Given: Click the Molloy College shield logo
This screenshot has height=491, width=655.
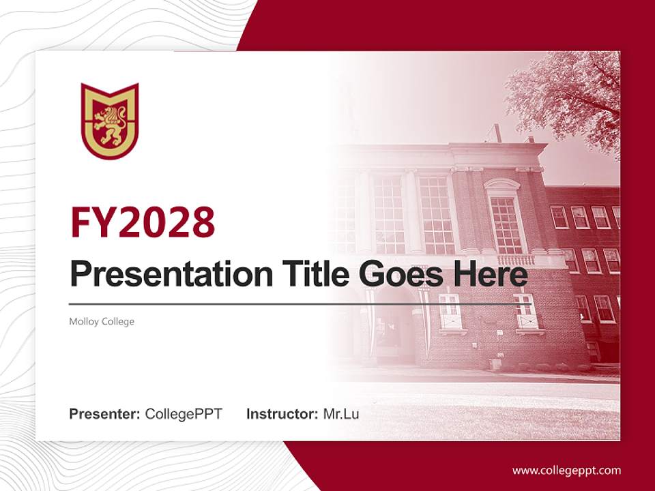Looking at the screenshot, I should tap(110, 121).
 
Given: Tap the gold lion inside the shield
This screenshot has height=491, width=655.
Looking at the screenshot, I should tap(110, 125).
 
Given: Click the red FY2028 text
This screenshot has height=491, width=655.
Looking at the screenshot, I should tap(143, 222).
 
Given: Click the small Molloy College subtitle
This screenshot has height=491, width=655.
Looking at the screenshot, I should tap(102, 321).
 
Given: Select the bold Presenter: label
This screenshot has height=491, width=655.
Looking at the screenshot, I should tap(105, 413).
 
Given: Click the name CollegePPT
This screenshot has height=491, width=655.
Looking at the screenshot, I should tap(184, 413).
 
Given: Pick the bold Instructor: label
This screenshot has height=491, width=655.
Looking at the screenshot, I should tap(282, 413).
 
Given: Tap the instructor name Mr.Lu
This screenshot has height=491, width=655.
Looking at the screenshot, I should tap(340, 413).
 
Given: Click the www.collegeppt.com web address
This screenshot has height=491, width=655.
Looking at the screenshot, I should tap(566, 470).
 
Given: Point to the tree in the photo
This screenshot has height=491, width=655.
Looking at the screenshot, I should tap(566, 95).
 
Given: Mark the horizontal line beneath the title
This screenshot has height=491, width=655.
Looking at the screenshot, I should tap(300, 304).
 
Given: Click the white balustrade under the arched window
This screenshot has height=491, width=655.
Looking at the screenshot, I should tap(515, 260).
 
